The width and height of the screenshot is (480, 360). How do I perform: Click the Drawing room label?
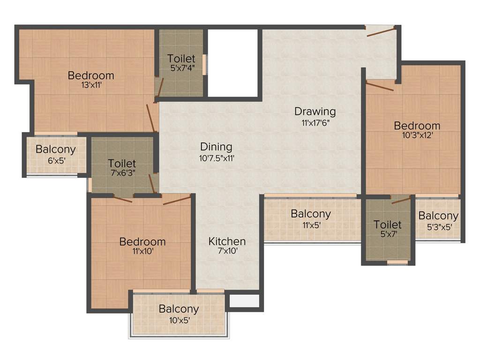[x=315, y=112]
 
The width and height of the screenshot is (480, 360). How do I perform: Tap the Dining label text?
[x=216, y=146]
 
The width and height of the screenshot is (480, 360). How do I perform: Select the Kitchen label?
[x=227, y=241]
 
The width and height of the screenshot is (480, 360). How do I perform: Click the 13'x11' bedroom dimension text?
[x=91, y=85]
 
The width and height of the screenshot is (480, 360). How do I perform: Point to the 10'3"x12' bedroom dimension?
[x=417, y=135]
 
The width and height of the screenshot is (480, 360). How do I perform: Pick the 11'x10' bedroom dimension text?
[x=142, y=251]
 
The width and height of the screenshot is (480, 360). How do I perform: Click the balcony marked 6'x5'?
[x=55, y=154]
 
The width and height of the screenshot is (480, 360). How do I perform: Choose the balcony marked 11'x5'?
[x=310, y=218]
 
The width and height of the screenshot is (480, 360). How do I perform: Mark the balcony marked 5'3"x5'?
[x=438, y=220]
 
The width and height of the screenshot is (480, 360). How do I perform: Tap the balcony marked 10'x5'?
[x=178, y=314]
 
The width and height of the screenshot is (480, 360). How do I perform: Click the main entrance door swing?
[x=381, y=31]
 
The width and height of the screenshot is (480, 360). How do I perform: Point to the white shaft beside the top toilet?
[x=233, y=63]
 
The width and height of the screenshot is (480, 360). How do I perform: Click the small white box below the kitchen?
[x=244, y=301]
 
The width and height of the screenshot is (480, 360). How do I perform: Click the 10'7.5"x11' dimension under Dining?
[x=216, y=158]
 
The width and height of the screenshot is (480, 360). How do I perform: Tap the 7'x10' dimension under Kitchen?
[x=227, y=251]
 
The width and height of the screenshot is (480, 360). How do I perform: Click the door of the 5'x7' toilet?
[x=401, y=201]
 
